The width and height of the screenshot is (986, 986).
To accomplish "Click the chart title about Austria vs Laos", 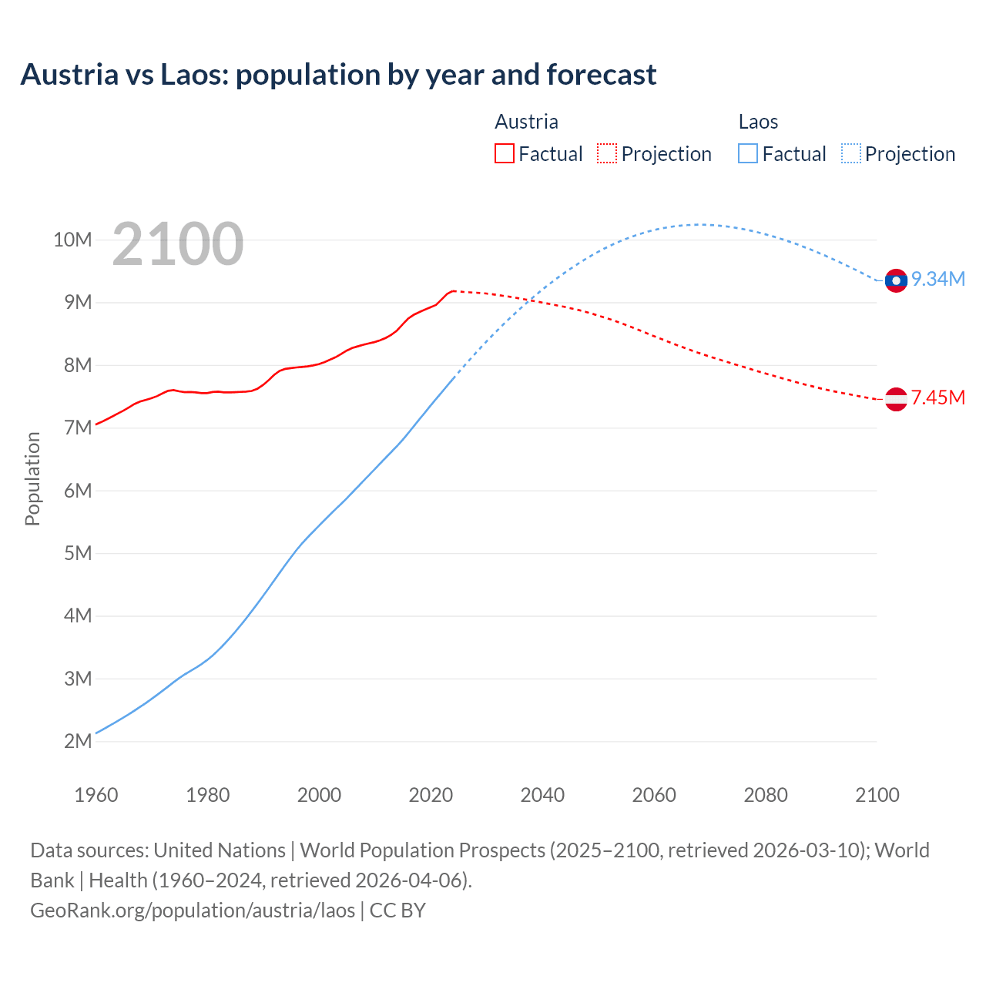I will pos(338,75).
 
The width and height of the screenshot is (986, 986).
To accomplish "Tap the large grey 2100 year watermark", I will pos(178,244).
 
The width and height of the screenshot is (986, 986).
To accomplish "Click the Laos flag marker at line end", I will pos(896,280).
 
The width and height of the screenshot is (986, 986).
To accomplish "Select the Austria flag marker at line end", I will pos(896,399).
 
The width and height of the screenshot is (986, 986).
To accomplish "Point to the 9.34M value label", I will pos(938,280).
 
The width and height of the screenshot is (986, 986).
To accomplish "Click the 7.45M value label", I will pos(938,398).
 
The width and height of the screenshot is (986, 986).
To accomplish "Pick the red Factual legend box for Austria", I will pos(505,154).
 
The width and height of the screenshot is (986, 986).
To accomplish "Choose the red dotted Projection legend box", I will pos(607,154).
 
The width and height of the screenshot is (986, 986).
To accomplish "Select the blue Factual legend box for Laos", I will pos(748,154).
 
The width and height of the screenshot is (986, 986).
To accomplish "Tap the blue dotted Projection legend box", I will pos(851,154).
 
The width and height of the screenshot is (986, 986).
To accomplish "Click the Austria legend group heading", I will pos(526,122).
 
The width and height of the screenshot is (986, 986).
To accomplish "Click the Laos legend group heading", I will pos(758,122).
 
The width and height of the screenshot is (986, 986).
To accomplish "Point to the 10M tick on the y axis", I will pos(72,240).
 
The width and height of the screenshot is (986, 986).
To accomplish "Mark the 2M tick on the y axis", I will pos(78,741).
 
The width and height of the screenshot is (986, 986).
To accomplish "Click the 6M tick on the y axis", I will pos(78,491).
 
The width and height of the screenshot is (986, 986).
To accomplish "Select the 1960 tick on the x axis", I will pos(96,795).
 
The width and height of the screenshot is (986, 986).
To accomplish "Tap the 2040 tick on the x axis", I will pos(542,795).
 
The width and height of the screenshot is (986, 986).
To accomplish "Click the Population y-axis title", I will pos(32,478).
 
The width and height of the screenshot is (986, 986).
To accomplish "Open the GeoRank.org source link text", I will pos(193,911).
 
